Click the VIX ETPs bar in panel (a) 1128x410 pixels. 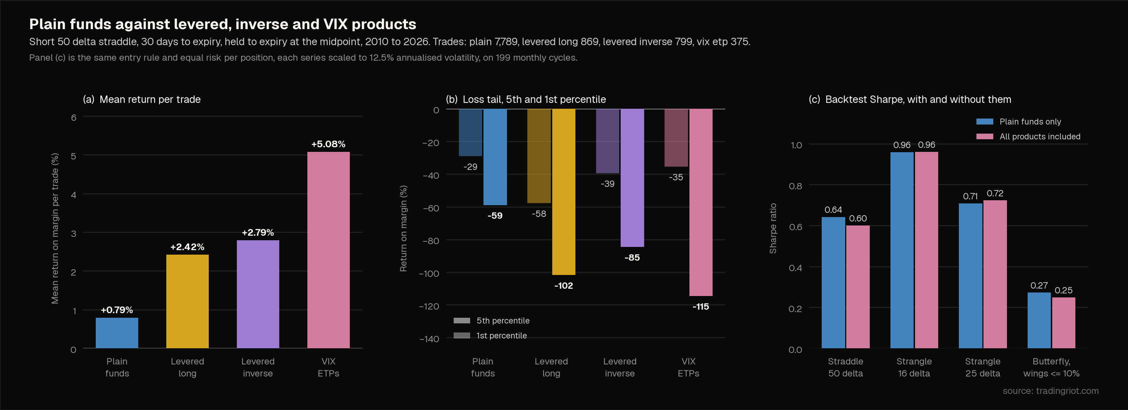click(328, 250)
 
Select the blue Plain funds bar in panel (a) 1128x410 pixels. click(117, 333)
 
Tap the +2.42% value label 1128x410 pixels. click(187, 247)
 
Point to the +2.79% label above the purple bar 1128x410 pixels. click(258, 232)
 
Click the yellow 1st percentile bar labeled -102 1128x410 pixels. click(563, 191)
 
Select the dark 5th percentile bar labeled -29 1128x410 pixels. click(470, 133)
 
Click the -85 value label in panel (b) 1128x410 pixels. click(632, 258)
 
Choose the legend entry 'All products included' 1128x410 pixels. click(1040, 136)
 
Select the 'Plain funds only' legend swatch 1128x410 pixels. click(985, 122)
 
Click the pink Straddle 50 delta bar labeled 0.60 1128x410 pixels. click(858, 287)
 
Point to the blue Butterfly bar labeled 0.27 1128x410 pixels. click(1039, 321)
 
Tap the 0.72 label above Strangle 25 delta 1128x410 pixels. click(995, 193)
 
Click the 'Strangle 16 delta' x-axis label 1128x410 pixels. click(914, 367)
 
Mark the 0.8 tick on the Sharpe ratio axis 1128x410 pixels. click(795, 186)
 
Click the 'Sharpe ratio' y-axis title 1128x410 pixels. click(773, 228)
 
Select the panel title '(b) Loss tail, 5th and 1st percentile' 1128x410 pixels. click(526, 99)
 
